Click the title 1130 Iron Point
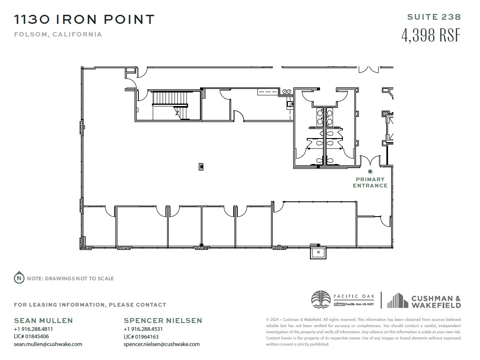(x=84, y=19)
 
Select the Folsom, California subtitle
(x=58, y=35)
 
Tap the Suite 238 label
(x=434, y=17)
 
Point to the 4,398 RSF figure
(x=431, y=35)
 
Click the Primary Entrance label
(x=370, y=182)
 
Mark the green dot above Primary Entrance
(x=370, y=171)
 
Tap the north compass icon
(x=19, y=278)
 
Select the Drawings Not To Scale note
(x=70, y=279)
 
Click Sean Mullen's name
(x=44, y=321)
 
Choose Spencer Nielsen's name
(x=163, y=321)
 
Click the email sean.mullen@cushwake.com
(x=48, y=344)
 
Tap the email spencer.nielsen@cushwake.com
(x=162, y=344)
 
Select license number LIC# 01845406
(x=31, y=337)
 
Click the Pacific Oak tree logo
(x=321, y=300)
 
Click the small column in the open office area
(x=201, y=166)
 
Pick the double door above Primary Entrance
(x=370, y=161)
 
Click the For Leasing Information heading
(x=90, y=305)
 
